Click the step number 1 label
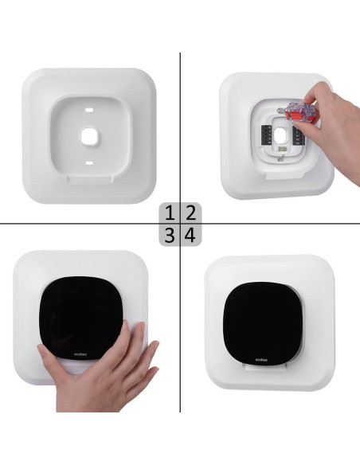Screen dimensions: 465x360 point(170,213)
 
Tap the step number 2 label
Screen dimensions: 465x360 point(190,213)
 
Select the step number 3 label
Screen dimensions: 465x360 point(170,234)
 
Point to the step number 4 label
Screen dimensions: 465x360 point(190,234)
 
